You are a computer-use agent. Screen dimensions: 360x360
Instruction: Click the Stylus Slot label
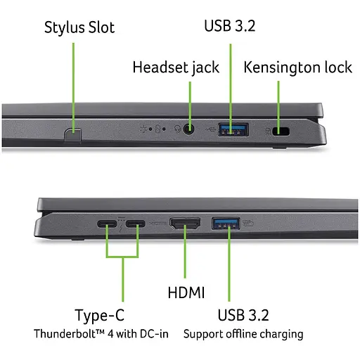79,27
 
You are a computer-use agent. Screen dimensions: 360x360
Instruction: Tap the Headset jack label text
176,67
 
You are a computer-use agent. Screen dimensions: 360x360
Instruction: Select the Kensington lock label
297,67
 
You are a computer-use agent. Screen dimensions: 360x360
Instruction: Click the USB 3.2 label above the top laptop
231,26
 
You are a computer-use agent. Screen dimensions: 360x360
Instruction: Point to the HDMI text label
186,291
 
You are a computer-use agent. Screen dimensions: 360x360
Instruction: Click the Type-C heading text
105,314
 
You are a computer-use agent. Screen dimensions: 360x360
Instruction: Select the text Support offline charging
243,333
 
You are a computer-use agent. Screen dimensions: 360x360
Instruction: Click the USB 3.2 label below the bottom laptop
243,314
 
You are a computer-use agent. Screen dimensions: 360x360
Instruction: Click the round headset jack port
189,128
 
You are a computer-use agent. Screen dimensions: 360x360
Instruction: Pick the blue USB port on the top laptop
233,128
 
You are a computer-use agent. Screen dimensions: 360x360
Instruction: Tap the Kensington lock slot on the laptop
283,129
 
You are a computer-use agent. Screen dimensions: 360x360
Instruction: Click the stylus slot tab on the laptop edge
72,133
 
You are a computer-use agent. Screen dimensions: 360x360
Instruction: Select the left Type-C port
107,225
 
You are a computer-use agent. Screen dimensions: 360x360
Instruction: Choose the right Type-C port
137,225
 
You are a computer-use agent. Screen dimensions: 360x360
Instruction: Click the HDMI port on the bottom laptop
186,225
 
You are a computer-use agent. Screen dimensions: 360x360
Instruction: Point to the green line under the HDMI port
186,257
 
